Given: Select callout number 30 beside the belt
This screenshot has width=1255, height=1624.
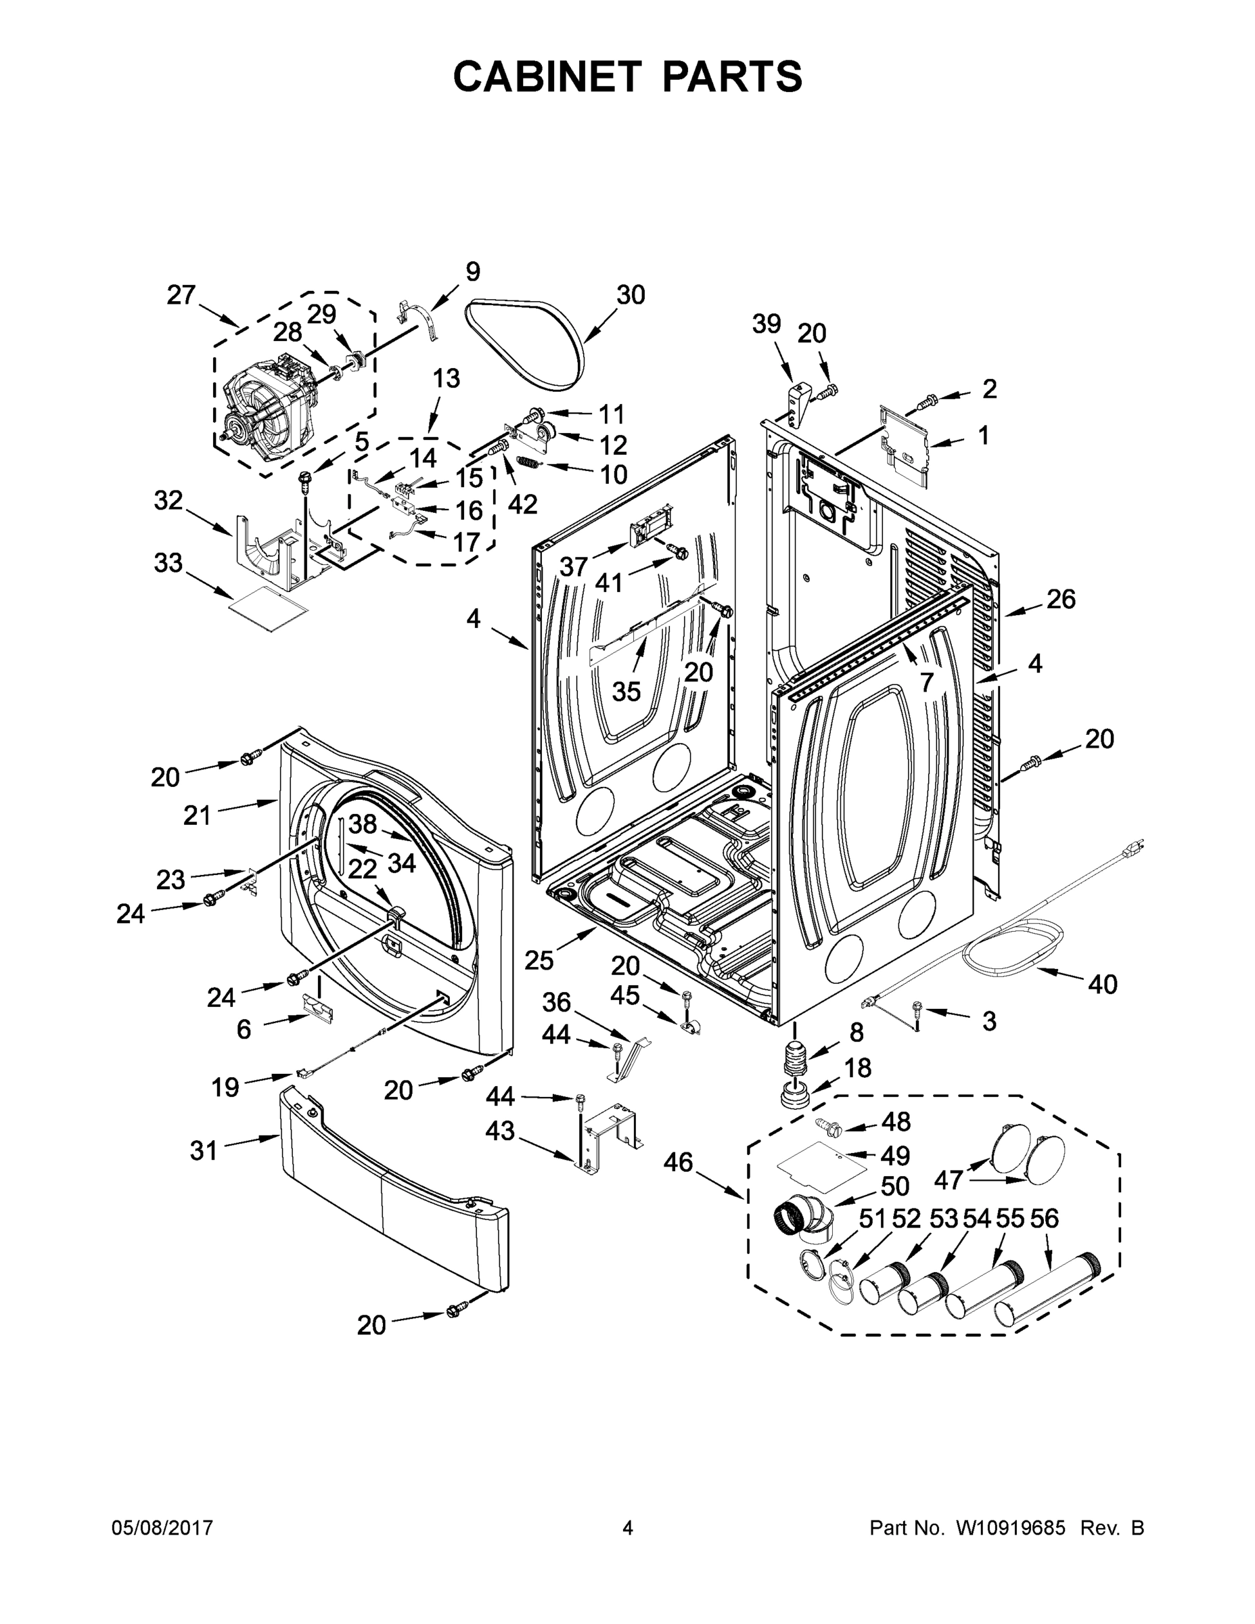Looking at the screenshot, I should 631,295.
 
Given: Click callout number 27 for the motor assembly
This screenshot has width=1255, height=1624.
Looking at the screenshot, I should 181,295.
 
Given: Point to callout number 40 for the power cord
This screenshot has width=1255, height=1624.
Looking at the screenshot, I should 1102,984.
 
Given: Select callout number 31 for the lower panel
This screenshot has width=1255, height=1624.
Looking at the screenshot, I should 203,1151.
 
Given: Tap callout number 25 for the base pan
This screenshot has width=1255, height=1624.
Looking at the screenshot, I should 539,960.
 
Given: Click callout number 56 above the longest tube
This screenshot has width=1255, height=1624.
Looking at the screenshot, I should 1045,1219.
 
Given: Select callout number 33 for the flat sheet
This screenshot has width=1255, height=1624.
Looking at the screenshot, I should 168,563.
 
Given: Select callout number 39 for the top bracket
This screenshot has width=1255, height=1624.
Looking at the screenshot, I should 767,324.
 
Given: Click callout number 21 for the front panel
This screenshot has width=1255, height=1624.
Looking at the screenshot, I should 198,815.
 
